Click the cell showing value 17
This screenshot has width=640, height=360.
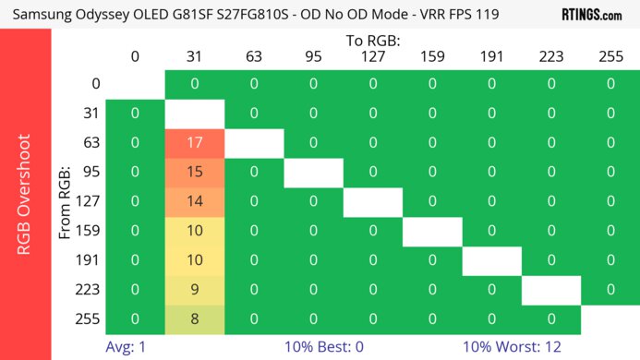point(195,143)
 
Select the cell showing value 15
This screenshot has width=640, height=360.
point(195,173)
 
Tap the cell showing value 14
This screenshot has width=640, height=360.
point(195,202)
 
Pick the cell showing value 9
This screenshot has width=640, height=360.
point(195,290)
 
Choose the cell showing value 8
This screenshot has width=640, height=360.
point(195,319)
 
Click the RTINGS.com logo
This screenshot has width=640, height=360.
point(591,15)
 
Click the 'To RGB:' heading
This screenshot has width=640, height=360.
point(373,41)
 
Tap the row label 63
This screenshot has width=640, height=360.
point(90,143)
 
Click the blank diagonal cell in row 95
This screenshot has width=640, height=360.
point(314,173)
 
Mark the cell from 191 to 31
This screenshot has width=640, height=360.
point(195,260)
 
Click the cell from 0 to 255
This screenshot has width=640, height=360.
point(610,84)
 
